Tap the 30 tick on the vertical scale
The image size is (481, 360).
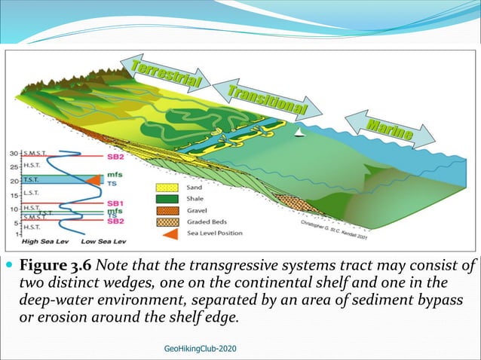click(x=13, y=154)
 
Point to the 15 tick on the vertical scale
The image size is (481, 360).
click(x=13, y=195)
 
